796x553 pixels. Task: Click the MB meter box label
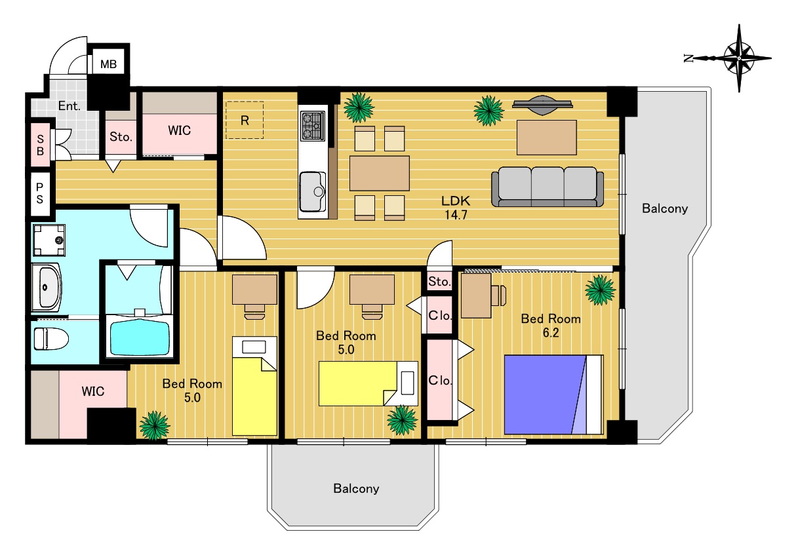click(108, 64)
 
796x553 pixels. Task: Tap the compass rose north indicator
click(688, 58)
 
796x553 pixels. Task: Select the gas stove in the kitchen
click(312, 126)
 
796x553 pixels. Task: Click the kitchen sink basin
click(313, 192)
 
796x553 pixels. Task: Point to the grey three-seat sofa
click(547, 187)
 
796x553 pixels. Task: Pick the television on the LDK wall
click(542, 105)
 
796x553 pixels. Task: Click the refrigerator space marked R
click(245, 120)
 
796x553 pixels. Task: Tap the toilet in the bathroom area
click(51, 339)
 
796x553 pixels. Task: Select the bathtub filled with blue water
click(139, 338)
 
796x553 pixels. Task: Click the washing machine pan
click(49, 240)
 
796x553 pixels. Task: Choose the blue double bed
click(553, 394)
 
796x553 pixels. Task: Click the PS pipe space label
click(40, 193)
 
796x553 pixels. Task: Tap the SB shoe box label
click(40, 145)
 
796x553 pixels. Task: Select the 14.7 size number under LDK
click(456, 215)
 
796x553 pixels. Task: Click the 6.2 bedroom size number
click(551, 333)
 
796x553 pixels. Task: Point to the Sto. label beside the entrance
click(121, 137)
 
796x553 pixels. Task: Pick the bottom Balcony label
click(356, 489)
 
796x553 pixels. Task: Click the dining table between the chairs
click(380, 173)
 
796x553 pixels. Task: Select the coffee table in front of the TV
click(547, 138)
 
